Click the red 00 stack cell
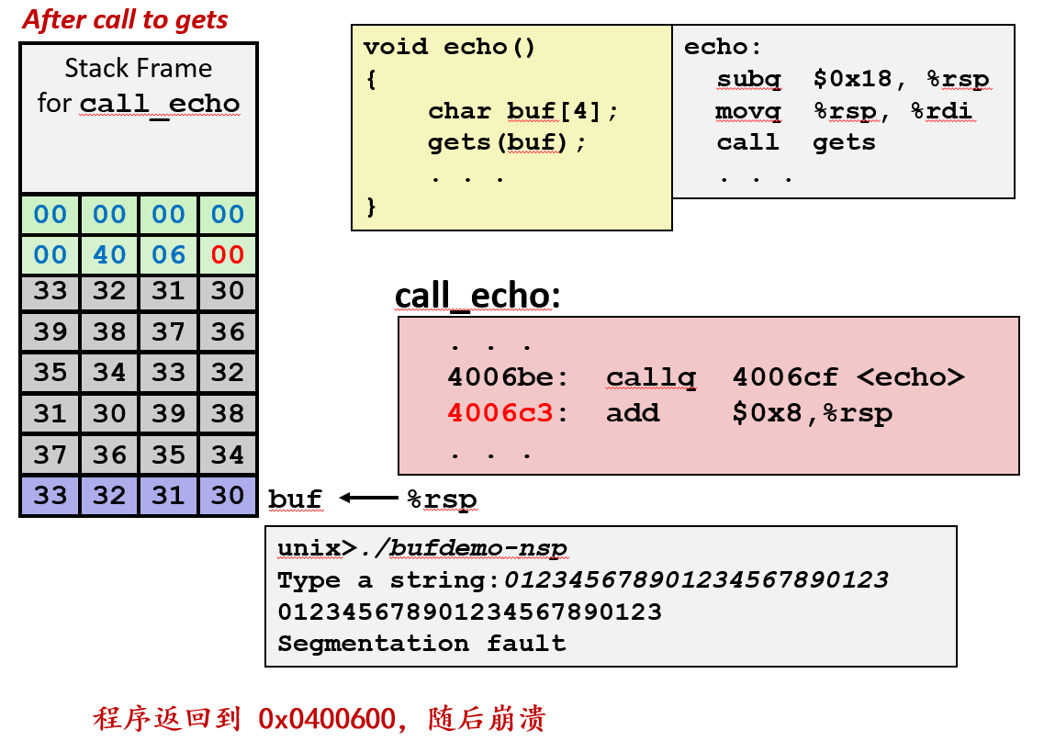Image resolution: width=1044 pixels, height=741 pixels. pyautogui.click(x=228, y=254)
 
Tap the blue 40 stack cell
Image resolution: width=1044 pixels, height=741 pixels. pyautogui.click(x=109, y=254)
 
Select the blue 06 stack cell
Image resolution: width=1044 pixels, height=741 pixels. pyautogui.click(x=169, y=254)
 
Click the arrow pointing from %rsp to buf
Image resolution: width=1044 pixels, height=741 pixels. pyautogui.click(x=369, y=498)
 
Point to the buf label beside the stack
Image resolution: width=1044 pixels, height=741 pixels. pyautogui.click(x=295, y=499)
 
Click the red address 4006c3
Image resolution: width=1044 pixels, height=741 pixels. pyautogui.click(x=500, y=412)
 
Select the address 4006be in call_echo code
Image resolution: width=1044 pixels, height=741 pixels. pyautogui.click(x=500, y=377)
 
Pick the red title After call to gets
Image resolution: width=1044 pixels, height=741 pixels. pyautogui.click(x=126, y=19)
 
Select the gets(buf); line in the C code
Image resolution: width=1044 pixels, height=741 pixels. pyautogui.click(x=507, y=142)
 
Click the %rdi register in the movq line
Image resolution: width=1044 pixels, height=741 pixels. pyautogui.click(x=941, y=111)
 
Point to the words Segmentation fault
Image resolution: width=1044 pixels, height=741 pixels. pyautogui.click(x=421, y=643)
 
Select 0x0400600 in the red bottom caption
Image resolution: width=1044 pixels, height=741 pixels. pyautogui.click(x=327, y=718)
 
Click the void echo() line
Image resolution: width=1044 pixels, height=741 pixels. pyautogui.click(x=449, y=47)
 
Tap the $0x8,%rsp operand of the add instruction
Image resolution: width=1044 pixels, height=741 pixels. pyautogui.click(x=812, y=412)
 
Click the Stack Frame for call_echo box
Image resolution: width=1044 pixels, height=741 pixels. pyautogui.click(x=139, y=117)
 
